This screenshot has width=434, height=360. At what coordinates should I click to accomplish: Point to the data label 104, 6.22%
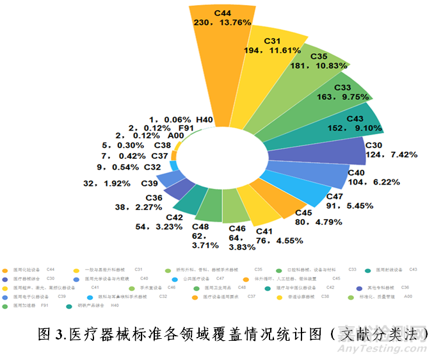[367, 182]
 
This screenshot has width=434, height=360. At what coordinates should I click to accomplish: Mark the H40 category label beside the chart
[205, 119]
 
